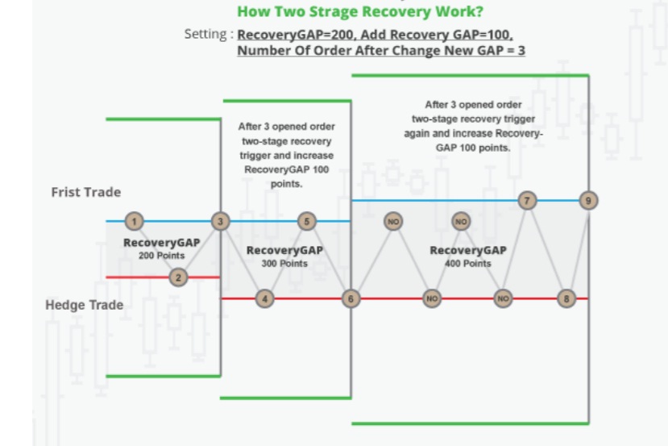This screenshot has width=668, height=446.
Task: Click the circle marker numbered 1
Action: pyautogui.click(x=135, y=221)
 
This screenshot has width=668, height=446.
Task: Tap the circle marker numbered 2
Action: pyautogui.click(x=179, y=277)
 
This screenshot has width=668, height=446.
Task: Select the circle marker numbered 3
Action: pyautogui.click(x=221, y=221)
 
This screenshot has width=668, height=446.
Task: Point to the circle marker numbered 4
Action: pyautogui.click(x=265, y=298)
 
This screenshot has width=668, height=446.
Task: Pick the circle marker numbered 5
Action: pyautogui.click(x=307, y=221)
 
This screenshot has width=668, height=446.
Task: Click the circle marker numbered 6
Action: pyautogui.click(x=351, y=298)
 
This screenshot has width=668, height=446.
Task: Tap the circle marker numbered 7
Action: pyautogui.click(x=527, y=200)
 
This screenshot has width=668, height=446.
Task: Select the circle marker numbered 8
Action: pyautogui.click(x=567, y=298)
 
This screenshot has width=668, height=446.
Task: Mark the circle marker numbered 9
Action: pyautogui.click(x=589, y=200)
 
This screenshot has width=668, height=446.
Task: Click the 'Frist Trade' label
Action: pyautogui.click(x=86, y=192)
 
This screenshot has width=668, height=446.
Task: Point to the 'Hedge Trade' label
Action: pyautogui.click(x=85, y=305)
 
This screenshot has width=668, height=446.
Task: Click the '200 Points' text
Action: pyautogui.click(x=161, y=256)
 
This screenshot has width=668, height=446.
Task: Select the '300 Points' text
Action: pyautogui.click(x=284, y=264)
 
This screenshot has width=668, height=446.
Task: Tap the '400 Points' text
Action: pyautogui.click(x=467, y=264)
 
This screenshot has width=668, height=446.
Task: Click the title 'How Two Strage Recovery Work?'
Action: pyautogui.click(x=360, y=12)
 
